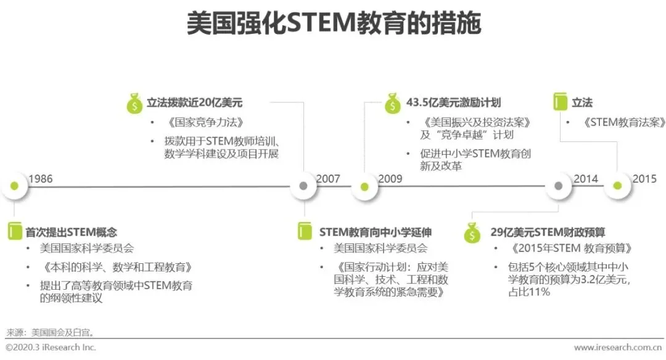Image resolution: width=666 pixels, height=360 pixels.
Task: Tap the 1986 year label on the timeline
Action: [x=41, y=179]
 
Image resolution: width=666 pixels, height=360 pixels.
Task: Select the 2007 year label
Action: [x=328, y=179]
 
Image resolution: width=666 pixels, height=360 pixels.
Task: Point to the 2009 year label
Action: [x=390, y=179]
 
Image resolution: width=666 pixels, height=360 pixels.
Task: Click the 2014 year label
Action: [x=586, y=179]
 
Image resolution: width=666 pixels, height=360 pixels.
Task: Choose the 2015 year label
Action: [x=644, y=179]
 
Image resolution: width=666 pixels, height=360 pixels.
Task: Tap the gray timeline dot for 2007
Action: [x=303, y=186]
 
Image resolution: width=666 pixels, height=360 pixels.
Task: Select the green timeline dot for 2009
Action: [x=364, y=186]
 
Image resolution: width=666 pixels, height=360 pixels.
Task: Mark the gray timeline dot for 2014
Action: [x=559, y=186]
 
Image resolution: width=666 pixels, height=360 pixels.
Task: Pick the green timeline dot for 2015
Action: [x=617, y=186]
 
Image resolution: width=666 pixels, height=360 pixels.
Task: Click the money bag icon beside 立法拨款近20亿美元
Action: [x=134, y=104]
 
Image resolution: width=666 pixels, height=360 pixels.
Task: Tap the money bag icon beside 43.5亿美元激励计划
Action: [x=393, y=104]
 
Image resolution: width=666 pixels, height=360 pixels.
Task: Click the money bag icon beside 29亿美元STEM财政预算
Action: [x=472, y=234]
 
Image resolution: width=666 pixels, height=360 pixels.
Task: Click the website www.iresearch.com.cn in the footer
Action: [x=617, y=348]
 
